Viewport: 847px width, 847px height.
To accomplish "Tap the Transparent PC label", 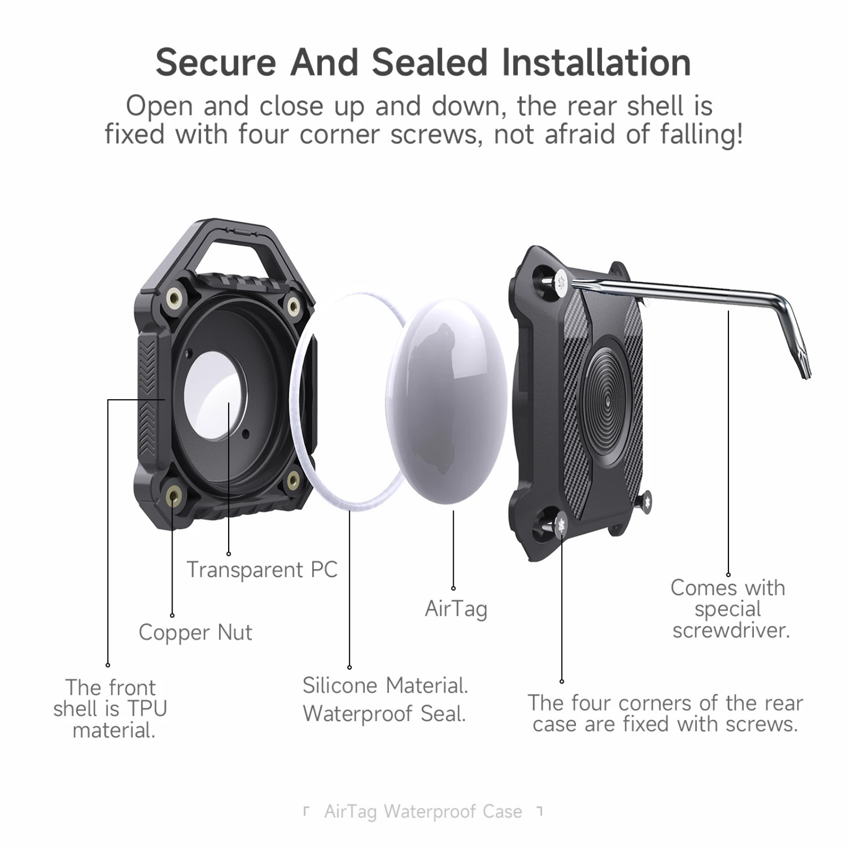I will tap(262, 570).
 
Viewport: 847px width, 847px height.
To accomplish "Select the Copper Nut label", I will tap(195, 632).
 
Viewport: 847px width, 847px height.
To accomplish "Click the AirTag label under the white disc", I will tap(456, 609).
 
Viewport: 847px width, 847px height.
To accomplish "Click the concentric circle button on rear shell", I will tap(607, 402).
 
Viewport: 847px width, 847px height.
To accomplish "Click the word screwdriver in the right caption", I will tap(731, 630).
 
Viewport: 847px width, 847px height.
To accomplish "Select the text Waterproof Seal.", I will tap(384, 714).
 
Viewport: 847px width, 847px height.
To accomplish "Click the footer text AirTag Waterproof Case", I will tap(423, 811).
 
